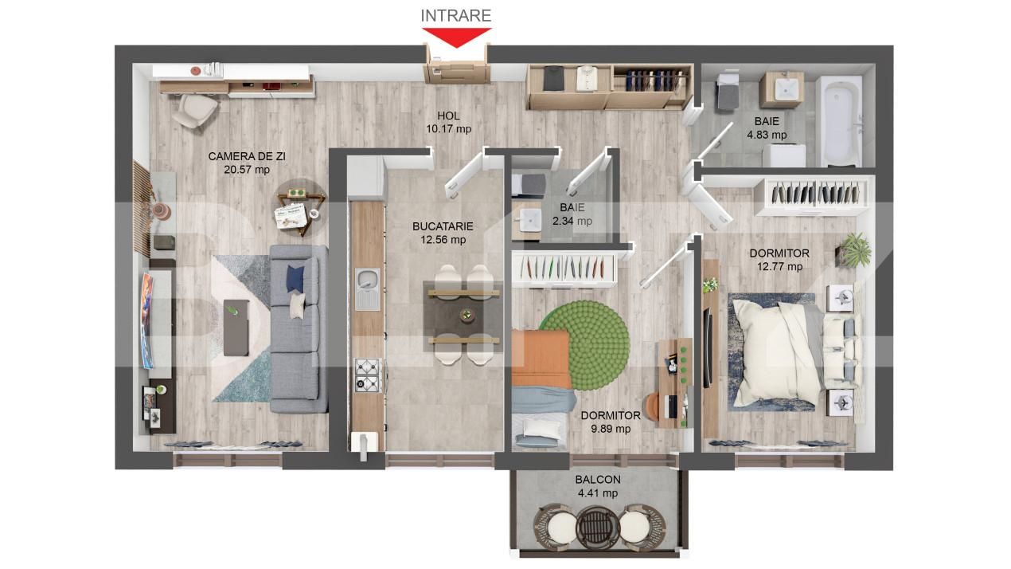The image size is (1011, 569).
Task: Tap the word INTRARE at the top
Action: pyautogui.click(x=456, y=15)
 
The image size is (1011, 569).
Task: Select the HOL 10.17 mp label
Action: pyautogui.click(x=449, y=123)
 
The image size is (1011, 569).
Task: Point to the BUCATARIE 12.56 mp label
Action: pyautogui.click(x=443, y=233)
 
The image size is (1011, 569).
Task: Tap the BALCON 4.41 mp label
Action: pyautogui.click(x=598, y=486)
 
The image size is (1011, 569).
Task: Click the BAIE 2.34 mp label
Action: pyautogui.click(x=572, y=214)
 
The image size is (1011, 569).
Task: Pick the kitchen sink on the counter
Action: pyautogui.click(x=368, y=289)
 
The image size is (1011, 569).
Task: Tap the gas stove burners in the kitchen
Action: pyautogui.click(x=368, y=375)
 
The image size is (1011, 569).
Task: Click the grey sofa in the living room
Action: pyautogui.click(x=299, y=328)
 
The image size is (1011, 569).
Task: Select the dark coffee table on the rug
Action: pyautogui.click(x=236, y=328)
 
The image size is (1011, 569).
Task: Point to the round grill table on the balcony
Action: pyautogui.click(x=598, y=528)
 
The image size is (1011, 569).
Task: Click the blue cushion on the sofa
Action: pyautogui.click(x=295, y=279)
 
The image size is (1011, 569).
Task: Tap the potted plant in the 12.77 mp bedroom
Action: pyautogui.click(x=853, y=250)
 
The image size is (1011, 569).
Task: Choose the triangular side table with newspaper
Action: pyautogui.click(x=299, y=209)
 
